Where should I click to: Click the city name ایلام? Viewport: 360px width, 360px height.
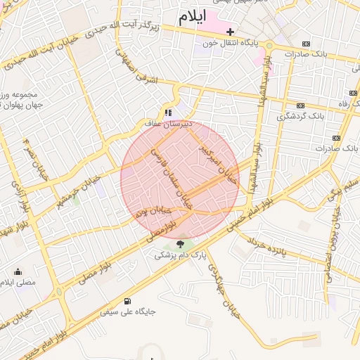(x=193, y=19)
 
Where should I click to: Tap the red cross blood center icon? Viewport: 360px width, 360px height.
(x=230, y=32)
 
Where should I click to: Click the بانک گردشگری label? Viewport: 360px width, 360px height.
(x=300, y=116)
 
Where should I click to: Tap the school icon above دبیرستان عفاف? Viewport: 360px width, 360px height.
(x=168, y=112)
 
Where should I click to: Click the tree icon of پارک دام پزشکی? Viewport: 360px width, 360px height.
(x=181, y=244)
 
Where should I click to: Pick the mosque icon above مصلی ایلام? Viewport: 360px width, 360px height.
(x=18, y=271)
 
